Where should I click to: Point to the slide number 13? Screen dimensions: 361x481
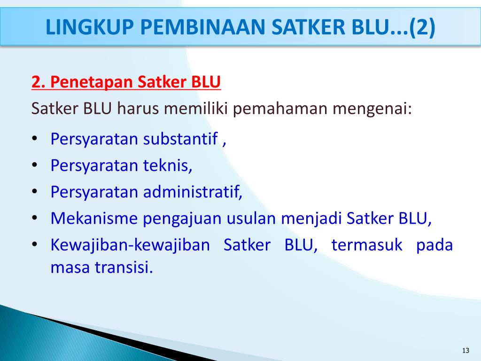pyautogui.click(x=466, y=351)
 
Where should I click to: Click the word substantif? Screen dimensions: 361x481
pyautogui.click(x=181, y=139)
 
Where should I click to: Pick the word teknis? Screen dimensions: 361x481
pyautogui.click(x=168, y=165)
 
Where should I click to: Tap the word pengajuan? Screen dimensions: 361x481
pyautogui.click(x=182, y=219)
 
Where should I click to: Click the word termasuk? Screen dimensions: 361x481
pyautogui.click(x=367, y=245)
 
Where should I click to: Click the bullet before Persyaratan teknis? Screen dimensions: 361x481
pyautogui.click(x=36, y=166)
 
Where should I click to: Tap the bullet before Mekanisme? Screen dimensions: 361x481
pyautogui.click(x=36, y=219)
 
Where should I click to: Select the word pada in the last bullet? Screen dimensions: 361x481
pyautogui.click(x=434, y=245)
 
